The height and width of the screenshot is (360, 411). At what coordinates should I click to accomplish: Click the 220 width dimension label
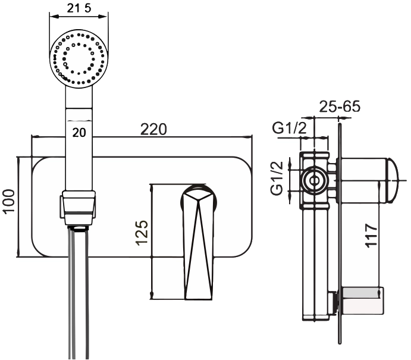tap(153, 129)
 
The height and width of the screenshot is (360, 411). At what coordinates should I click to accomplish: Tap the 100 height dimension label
tap(10, 202)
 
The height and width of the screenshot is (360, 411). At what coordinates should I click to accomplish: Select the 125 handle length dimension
tap(142, 233)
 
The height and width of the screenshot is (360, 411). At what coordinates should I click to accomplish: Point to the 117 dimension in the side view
tap(371, 235)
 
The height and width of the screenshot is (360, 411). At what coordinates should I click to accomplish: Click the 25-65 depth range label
tap(340, 106)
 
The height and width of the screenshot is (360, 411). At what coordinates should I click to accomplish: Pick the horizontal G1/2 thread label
tap(289, 128)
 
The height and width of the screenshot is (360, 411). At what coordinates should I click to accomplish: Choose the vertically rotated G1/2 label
tap(277, 178)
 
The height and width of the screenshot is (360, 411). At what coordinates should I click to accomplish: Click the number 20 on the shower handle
tap(79, 133)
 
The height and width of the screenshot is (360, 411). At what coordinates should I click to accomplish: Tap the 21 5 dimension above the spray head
tap(79, 8)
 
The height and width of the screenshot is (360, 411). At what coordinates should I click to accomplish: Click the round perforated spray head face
tap(79, 59)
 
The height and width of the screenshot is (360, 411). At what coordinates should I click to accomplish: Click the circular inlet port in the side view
tap(313, 180)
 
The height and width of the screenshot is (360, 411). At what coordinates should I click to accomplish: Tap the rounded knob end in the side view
tap(393, 180)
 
